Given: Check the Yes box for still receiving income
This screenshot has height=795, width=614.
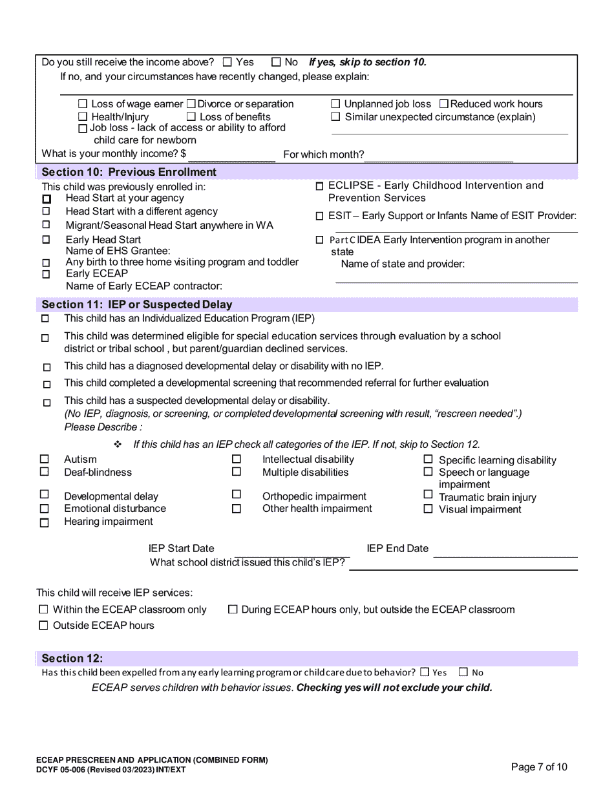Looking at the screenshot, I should click(x=227, y=63).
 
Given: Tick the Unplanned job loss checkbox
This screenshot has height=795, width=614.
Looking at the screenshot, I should click(x=335, y=104).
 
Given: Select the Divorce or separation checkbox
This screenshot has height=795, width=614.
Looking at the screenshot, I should click(x=191, y=104).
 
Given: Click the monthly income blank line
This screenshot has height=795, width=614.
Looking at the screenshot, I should click(x=231, y=154).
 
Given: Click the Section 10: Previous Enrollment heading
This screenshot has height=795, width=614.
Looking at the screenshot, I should click(x=129, y=172).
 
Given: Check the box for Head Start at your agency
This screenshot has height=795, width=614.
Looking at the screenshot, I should click(x=46, y=199).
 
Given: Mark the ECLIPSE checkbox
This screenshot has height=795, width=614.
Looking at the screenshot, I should click(x=320, y=186).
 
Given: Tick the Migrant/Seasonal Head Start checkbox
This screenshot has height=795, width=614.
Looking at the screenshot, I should click(x=46, y=225).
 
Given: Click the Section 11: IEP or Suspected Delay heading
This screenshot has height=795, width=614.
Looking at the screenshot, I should click(x=136, y=304).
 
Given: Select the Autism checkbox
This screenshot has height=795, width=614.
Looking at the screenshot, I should click(x=45, y=460).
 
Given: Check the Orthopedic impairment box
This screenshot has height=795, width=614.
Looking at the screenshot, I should click(x=237, y=496).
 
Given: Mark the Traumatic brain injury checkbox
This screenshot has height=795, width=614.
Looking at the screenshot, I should click(x=428, y=496).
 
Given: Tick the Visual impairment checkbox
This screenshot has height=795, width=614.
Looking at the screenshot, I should click(x=428, y=509).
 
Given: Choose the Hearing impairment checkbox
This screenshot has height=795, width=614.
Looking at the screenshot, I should click(x=45, y=523).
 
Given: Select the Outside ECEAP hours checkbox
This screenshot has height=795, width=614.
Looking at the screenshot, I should click(x=44, y=626).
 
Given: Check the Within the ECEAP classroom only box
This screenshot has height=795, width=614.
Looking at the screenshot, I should click(x=44, y=609).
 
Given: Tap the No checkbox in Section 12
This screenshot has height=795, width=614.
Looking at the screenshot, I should click(x=463, y=672).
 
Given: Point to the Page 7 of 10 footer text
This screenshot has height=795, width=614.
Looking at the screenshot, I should click(x=539, y=767).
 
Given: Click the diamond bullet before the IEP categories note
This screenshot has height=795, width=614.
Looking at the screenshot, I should click(x=118, y=445).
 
